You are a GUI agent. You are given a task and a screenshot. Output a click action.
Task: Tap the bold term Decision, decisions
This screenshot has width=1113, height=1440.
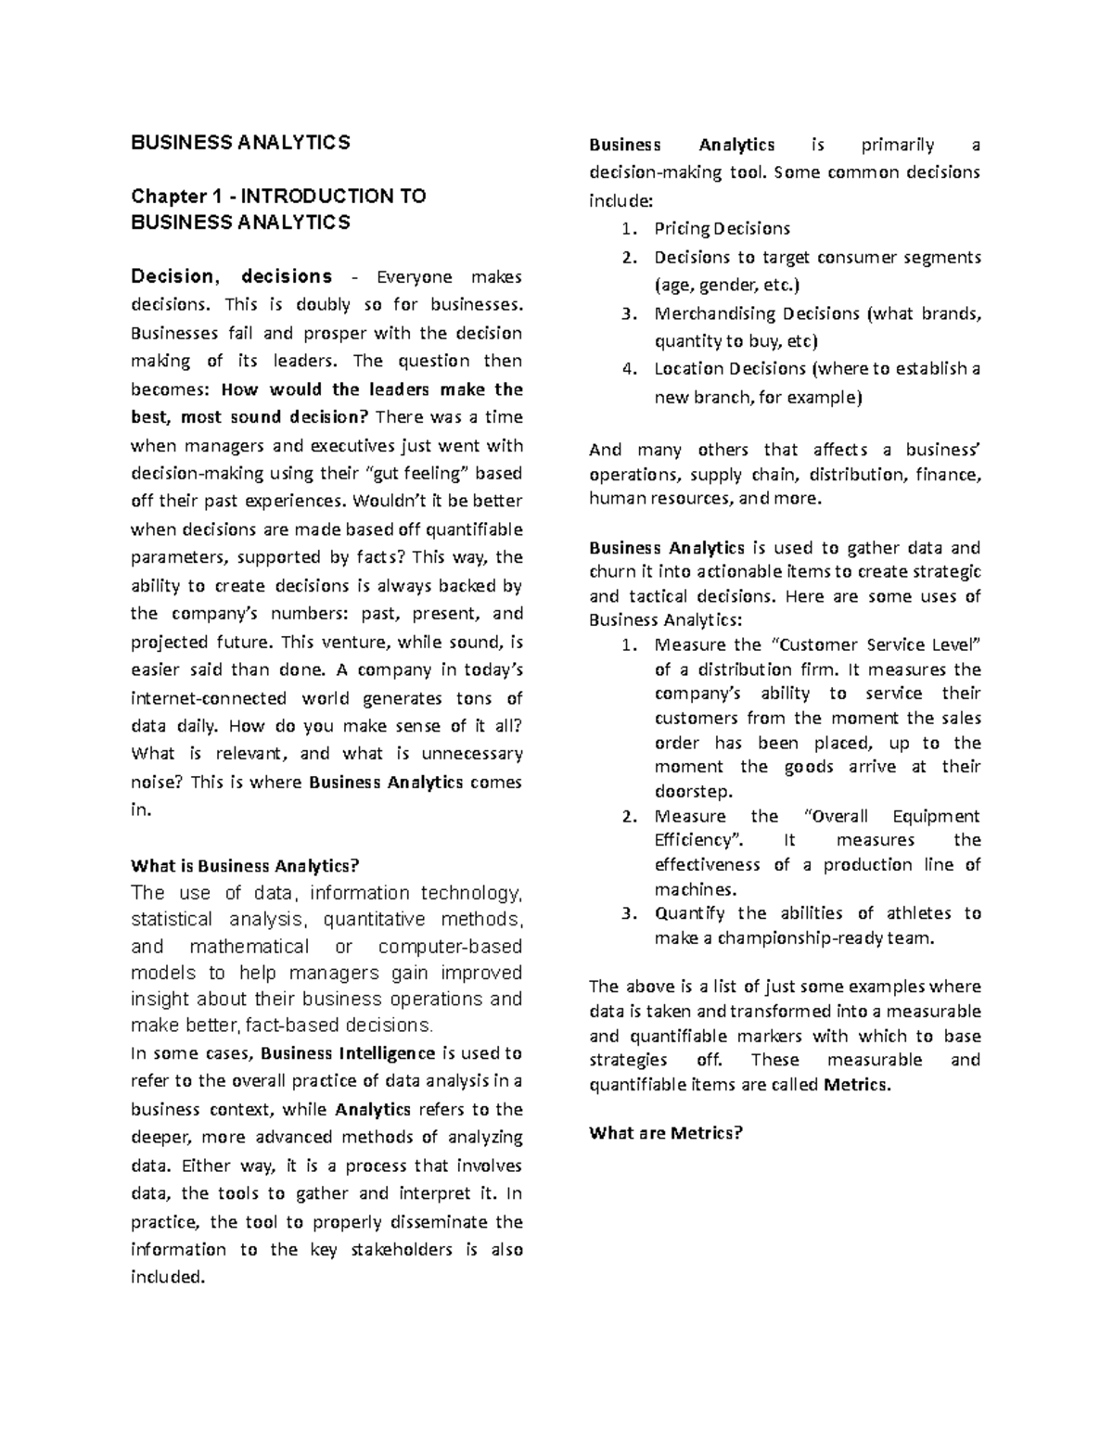pyautogui.click(x=231, y=276)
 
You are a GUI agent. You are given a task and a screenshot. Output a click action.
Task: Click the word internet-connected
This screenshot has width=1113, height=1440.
pyautogui.click(x=209, y=698)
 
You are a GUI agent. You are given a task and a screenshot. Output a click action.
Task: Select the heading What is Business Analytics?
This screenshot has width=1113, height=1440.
pyautogui.click(x=244, y=866)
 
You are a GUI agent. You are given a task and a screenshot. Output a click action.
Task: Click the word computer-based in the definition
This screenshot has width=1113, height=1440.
pyautogui.click(x=450, y=947)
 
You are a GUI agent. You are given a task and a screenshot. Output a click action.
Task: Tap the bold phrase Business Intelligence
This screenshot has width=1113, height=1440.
pyautogui.click(x=349, y=1053)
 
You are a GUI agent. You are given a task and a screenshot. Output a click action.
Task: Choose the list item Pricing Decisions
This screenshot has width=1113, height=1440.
pyautogui.click(x=722, y=228)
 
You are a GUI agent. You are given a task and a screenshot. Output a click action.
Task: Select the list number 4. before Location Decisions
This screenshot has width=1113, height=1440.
pyautogui.click(x=630, y=369)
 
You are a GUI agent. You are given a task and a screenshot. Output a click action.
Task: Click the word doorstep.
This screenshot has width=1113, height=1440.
pyautogui.click(x=693, y=792)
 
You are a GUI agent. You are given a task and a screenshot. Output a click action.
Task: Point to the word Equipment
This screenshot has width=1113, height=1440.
pyautogui.click(x=935, y=816)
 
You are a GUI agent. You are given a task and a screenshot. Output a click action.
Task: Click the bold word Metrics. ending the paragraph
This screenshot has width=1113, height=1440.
pyautogui.click(x=856, y=1084)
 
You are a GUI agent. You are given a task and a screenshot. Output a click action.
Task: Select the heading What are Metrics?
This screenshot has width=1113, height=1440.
pyautogui.click(x=666, y=1133)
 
